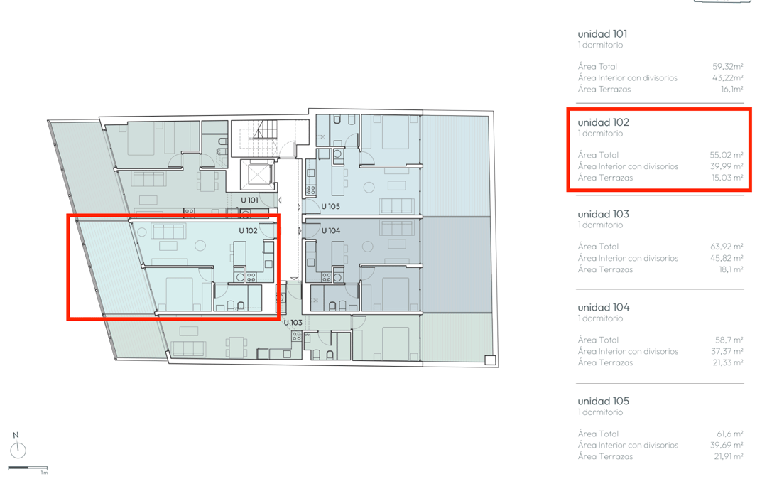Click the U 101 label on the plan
click(249, 200)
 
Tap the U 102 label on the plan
click(248, 230)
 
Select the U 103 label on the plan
click(293, 323)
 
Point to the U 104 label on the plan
click(331, 230)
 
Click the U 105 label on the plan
click(331, 207)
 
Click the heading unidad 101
click(602, 34)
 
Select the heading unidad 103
click(603, 215)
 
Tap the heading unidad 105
click(603, 402)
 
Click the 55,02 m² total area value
click(727, 155)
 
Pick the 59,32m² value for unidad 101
click(728, 66)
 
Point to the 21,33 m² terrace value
click(728, 362)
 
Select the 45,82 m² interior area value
click(727, 258)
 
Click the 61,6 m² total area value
click(730, 434)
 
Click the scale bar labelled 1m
click(28, 468)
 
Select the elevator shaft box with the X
click(257, 175)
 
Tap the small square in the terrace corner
click(490, 360)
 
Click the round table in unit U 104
click(368, 247)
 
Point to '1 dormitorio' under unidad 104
click(600, 318)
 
